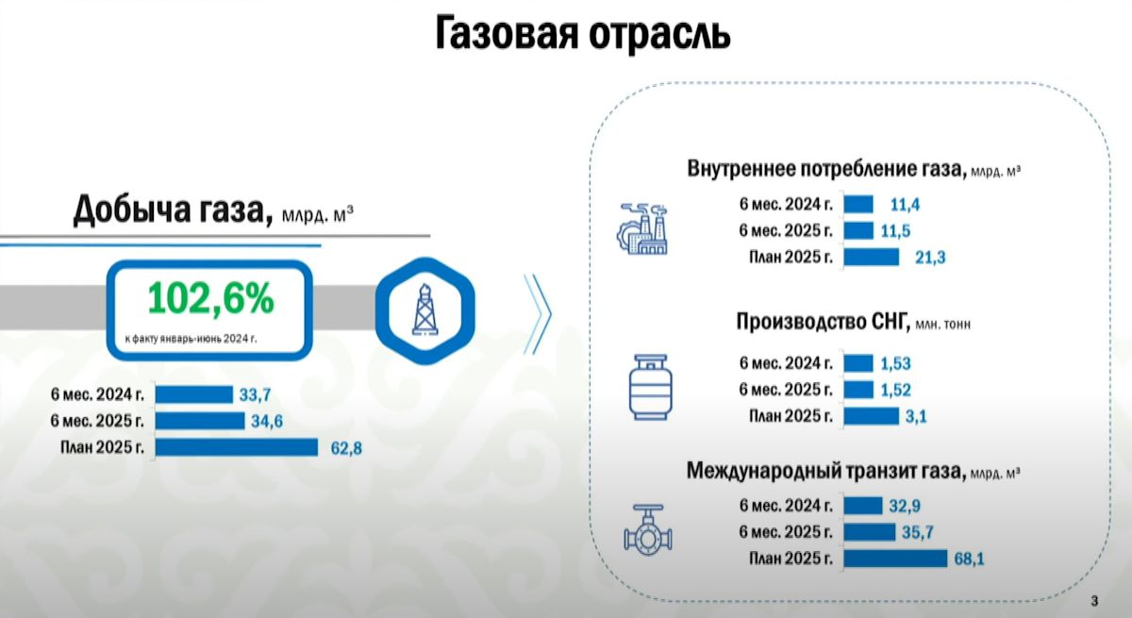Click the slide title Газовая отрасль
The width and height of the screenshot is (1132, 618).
pos(583,34)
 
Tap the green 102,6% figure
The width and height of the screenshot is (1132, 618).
pos(210,298)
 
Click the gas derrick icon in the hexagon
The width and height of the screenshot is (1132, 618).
pos(424,309)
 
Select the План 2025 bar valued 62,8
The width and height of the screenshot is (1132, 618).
pos(237,447)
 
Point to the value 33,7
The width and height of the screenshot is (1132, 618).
pos(255,394)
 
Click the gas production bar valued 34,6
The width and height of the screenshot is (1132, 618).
pos(200,421)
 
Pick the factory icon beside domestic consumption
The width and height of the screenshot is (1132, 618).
pos(642,229)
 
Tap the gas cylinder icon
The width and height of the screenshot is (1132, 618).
pos(650,387)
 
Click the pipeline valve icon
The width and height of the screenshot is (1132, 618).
pos(648,530)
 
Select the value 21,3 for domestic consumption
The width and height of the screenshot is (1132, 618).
pos(930,258)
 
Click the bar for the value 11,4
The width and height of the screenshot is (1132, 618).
pos(858,204)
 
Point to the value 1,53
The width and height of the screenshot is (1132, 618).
pos(895,363)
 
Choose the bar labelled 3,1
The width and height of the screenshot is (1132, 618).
pos(872,416)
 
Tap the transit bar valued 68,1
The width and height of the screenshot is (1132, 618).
pos(895,559)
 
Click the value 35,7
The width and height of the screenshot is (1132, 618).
pos(918,532)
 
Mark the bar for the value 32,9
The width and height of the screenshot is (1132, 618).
pos(862,506)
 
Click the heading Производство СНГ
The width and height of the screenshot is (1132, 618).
pos(823,322)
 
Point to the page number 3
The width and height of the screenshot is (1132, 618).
pos(1094,601)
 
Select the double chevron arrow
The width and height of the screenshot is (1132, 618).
pos(538,314)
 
